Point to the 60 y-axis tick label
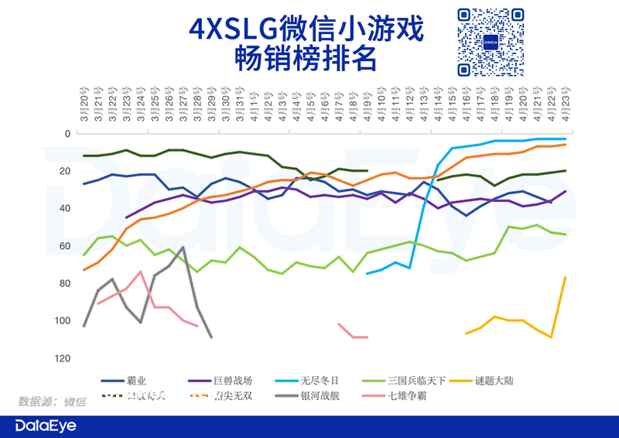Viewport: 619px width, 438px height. pos(64,246)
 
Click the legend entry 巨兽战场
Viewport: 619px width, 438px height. pos(231,381)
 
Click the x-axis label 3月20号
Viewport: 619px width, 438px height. pos(84,105)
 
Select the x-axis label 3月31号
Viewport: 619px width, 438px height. pos(240,105)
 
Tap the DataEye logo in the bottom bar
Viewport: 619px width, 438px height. pos(49,425)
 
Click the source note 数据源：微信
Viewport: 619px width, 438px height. pos(53,402)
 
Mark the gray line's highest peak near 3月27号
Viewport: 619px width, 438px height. pos(183,248)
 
